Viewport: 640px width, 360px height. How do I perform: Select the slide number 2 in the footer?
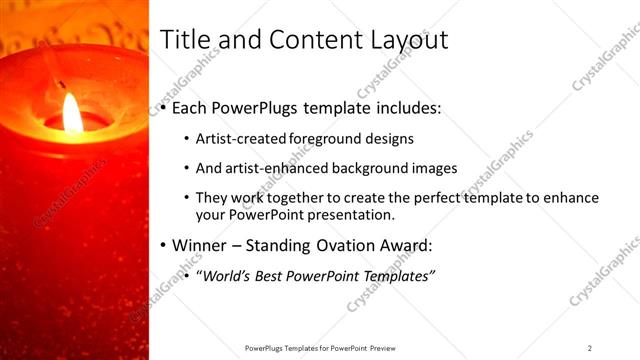590,348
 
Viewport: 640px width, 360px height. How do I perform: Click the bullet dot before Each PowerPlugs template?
164,106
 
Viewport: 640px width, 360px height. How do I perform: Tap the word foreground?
326,138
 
